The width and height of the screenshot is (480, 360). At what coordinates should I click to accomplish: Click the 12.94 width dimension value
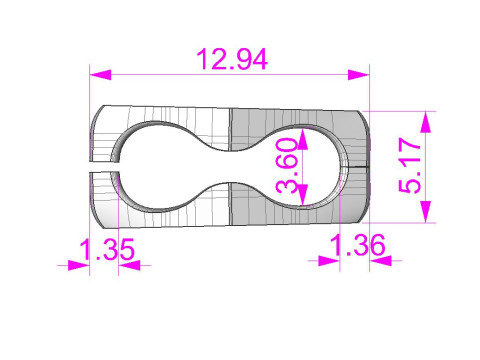click(232, 59)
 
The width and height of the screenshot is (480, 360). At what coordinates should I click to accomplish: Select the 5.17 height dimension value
click(410, 166)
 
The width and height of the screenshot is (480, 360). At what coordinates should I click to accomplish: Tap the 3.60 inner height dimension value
click(287, 166)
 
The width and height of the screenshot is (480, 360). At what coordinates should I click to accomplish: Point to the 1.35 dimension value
click(107, 249)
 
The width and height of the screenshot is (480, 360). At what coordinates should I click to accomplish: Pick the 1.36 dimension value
click(357, 245)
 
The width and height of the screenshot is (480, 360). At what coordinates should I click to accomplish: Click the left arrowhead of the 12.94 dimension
click(100, 75)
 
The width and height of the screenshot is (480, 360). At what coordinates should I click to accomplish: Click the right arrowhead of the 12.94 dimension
click(359, 75)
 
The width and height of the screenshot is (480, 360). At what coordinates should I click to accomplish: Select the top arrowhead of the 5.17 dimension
click(426, 122)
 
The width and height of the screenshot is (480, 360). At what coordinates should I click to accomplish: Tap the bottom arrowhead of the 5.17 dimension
click(426, 211)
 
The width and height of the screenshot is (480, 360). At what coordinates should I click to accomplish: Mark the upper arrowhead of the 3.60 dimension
click(302, 139)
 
